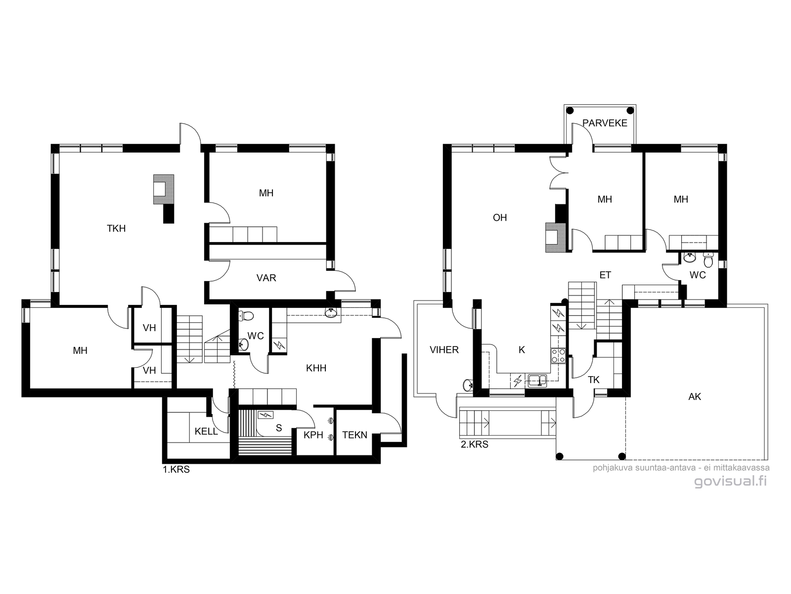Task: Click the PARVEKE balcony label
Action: point(605,123)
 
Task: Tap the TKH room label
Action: point(116,228)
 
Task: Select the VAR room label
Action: point(266,278)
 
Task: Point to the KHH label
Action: point(316,368)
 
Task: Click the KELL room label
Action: point(206,431)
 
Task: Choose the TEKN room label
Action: point(354,435)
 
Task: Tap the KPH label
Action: point(313,435)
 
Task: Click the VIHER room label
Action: point(444,349)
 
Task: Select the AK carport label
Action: point(695,396)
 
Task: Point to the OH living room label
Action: point(500,217)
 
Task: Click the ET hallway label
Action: point(605,275)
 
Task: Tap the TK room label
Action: point(594,380)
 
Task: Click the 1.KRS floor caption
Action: point(176,470)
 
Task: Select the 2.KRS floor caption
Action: point(475,445)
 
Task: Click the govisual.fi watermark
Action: point(730,481)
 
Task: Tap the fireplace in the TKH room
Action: point(164,190)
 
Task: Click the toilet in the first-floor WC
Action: point(247,316)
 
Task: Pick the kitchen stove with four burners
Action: point(558,355)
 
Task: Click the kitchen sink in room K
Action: point(537,381)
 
